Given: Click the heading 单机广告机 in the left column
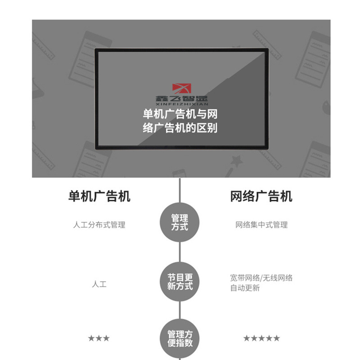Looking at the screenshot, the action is (99, 196).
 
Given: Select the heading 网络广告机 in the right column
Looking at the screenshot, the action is (261, 196).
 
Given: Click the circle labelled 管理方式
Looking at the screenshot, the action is (180, 223).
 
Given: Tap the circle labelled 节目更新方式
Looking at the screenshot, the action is (180, 281).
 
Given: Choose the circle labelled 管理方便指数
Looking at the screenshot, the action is (180, 338).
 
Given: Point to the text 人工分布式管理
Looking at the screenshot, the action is (99, 225).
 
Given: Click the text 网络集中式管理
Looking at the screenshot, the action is (261, 225).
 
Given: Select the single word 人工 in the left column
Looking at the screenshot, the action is (99, 284).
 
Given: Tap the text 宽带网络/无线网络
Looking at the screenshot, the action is (261, 278).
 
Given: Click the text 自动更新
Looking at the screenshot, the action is (245, 288).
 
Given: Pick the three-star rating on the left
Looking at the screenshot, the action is (99, 338).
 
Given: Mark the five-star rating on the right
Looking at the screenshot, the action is (261, 338).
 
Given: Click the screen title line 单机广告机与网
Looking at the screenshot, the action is (180, 114).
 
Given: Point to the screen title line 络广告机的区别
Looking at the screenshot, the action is (180, 128).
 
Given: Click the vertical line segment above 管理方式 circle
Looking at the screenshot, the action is (180, 191).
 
